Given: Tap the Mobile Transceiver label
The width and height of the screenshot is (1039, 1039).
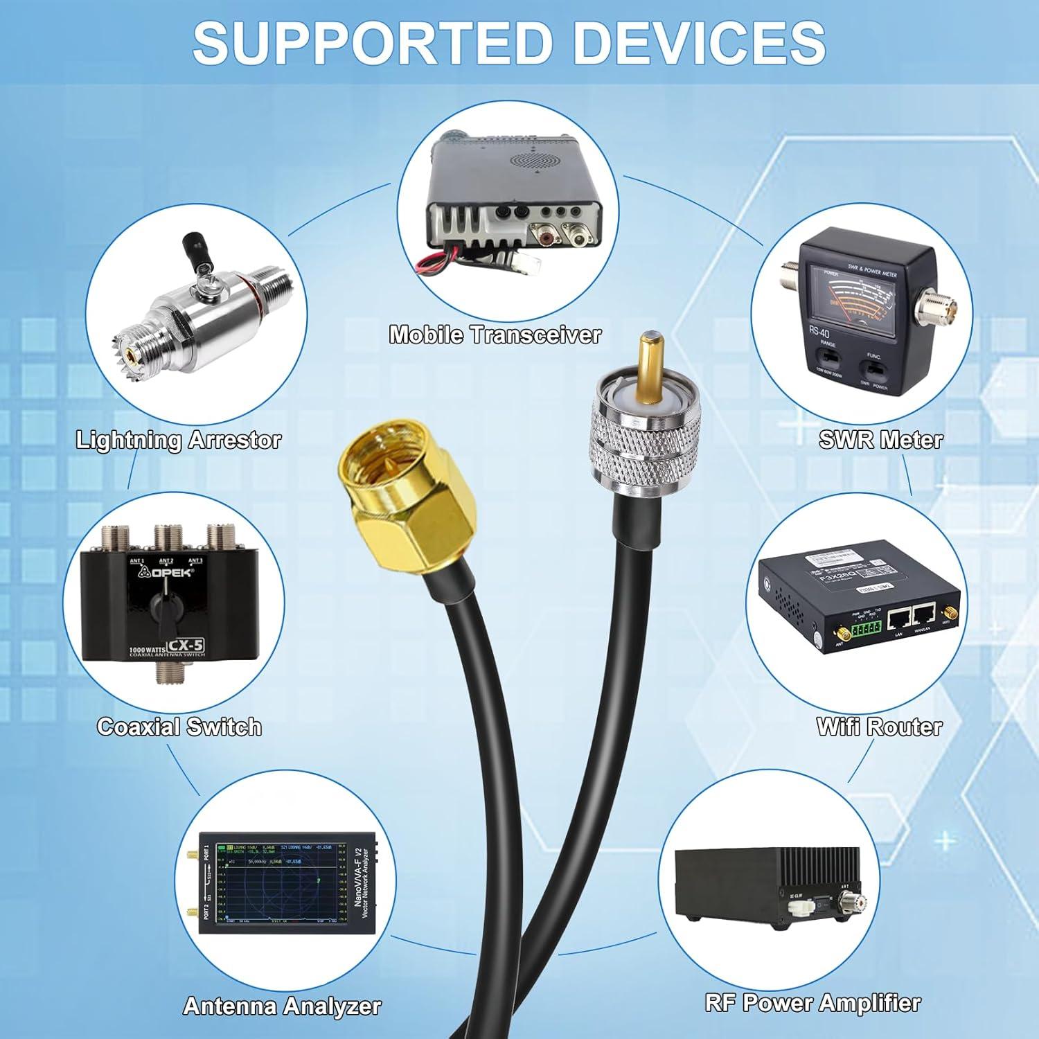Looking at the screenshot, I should click(x=495, y=335).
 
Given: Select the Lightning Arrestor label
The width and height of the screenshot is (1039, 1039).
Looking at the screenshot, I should click(x=178, y=440).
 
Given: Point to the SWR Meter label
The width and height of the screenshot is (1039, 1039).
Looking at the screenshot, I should click(x=880, y=439).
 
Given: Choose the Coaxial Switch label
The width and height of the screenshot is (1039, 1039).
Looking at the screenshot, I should click(x=179, y=727).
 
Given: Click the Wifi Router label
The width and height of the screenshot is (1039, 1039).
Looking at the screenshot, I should click(x=879, y=727).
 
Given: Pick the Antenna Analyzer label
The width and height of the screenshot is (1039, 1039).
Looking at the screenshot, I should click(x=282, y=1006).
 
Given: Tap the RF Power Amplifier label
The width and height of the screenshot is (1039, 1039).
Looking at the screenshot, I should click(x=812, y=1002).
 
